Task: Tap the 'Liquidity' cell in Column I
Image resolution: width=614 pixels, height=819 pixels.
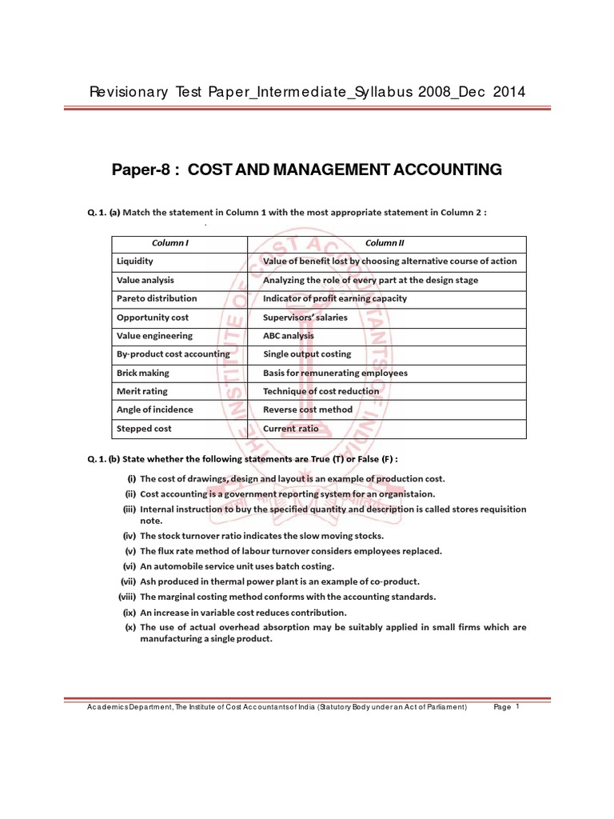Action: pyautogui.click(x=135, y=262)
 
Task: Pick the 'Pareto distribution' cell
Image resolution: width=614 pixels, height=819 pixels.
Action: pyautogui.click(x=157, y=298)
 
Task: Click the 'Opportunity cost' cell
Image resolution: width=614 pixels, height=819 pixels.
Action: pyautogui.click(x=153, y=318)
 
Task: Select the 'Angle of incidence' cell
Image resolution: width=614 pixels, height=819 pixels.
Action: pyautogui.click(x=155, y=409)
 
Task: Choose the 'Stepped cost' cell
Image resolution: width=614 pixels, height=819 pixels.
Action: pyautogui.click(x=144, y=429)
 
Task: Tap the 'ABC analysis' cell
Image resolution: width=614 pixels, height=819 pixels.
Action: pyautogui.click(x=289, y=336)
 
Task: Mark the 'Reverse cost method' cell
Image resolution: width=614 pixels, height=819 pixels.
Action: pyautogui.click(x=308, y=409)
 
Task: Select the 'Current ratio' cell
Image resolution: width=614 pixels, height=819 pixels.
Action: pyautogui.click(x=290, y=429)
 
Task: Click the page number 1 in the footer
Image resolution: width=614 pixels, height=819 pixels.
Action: pyautogui.click(x=518, y=707)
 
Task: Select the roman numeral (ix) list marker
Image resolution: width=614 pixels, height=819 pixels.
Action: pyautogui.click(x=128, y=612)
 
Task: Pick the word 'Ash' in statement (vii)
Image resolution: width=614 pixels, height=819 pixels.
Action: pyautogui.click(x=148, y=581)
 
